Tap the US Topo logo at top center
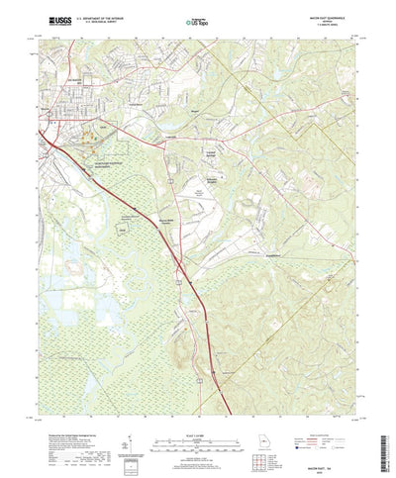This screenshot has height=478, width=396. pyautogui.click(x=199, y=17)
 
